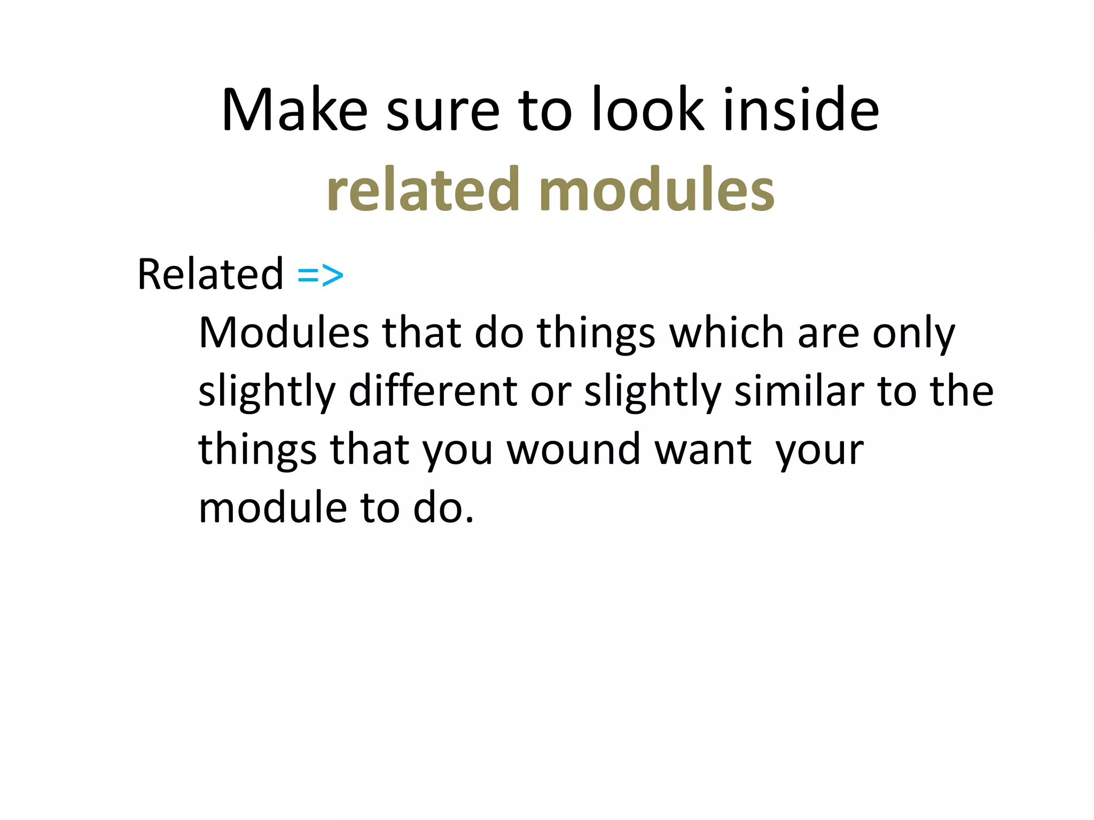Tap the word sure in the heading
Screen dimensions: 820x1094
click(442, 111)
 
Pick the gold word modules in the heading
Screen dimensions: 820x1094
click(657, 190)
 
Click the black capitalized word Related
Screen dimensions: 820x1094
click(210, 274)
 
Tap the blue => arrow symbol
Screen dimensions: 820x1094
click(320, 275)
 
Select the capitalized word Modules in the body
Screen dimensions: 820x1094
click(284, 333)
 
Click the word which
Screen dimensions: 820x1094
click(726, 333)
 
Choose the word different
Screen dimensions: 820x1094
click(433, 391)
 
